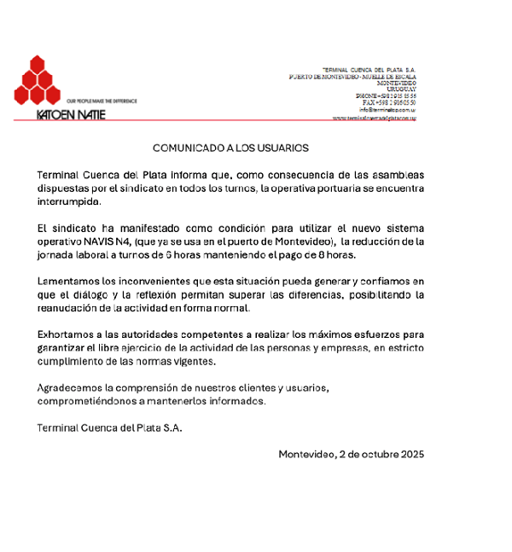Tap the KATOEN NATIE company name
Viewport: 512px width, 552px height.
tap(72, 114)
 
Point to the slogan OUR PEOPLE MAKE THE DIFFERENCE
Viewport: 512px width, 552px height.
tap(102, 101)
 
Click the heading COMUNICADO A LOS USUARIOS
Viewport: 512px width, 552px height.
tap(230, 148)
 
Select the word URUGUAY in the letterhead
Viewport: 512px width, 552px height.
tap(401, 89)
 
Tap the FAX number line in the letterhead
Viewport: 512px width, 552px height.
tap(389, 102)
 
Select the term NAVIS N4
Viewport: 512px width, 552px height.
tap(98, 243)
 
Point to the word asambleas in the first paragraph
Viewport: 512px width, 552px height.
tap(396, 175)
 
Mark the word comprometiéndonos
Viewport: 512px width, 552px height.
tap(88, 401)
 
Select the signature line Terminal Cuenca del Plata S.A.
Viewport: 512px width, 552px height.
tap(109, 427)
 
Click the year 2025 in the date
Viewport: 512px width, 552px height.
tap(410, 455)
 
